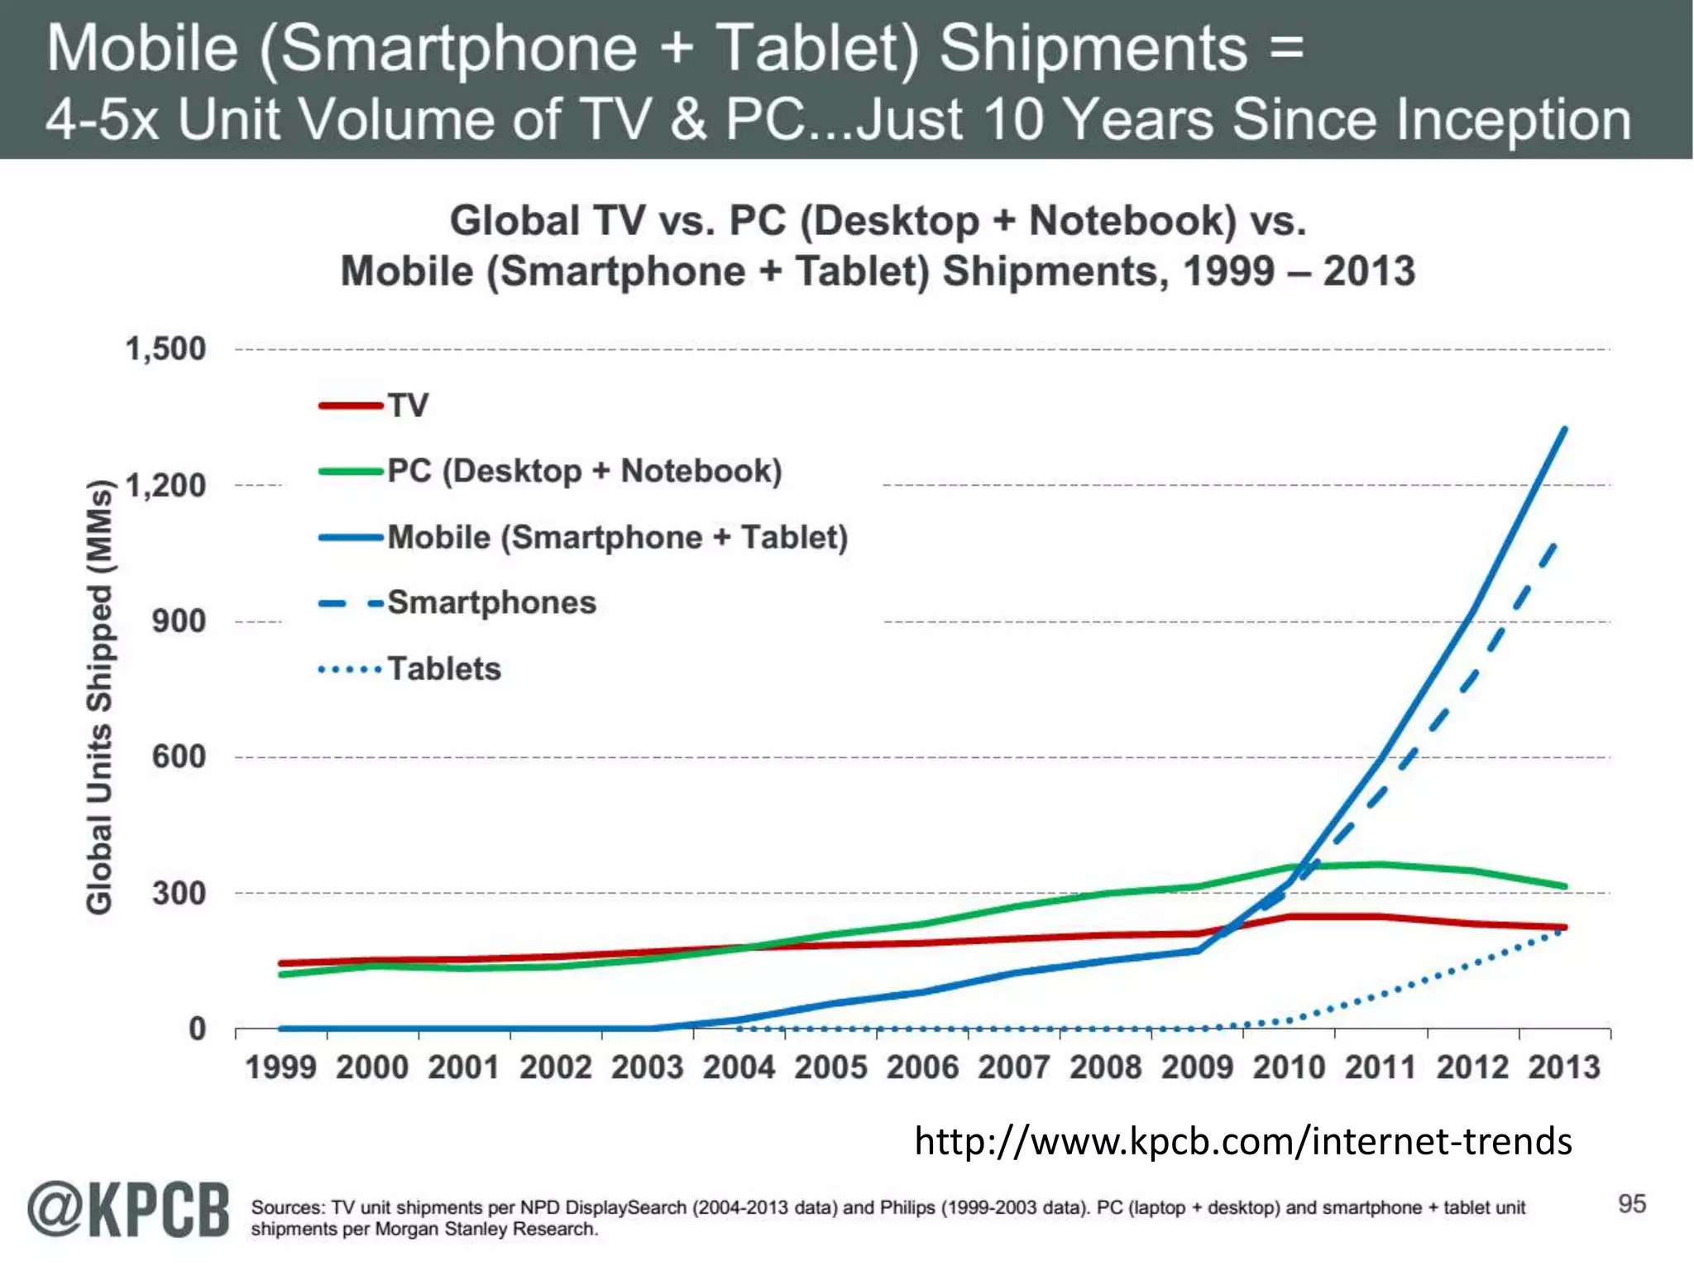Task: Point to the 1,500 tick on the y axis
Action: [165, 349]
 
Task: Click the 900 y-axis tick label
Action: [179, 621]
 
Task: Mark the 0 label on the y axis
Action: [197, 1029]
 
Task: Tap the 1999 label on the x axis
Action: [280, 1067]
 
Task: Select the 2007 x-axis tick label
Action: [1013, 1067]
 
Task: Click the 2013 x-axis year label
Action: [1563, 1067]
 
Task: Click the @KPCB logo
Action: [128, 1210]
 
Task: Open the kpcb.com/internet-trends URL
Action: [1242, 1141]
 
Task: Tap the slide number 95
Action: [1632, 1203]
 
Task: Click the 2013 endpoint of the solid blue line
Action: [1564, 429]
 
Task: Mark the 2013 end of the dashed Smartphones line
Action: [1555, 544]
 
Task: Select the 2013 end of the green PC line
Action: [1564, 886]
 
